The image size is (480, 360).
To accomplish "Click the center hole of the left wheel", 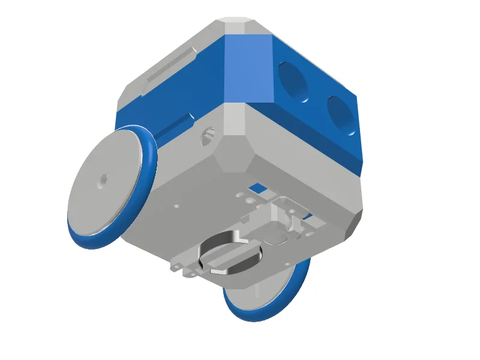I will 103,179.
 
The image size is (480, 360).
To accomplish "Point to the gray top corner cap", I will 241,26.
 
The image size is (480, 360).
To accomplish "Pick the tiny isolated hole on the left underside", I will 176,206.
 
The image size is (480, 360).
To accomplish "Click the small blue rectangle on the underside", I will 259,188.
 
